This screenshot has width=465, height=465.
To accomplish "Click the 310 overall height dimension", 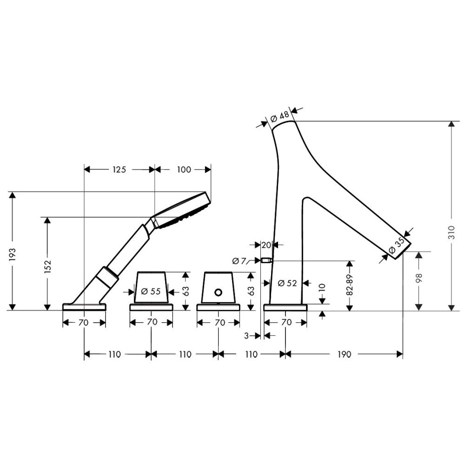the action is (x=451, y=232).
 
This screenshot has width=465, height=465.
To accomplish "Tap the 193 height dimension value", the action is (x=13, y=254).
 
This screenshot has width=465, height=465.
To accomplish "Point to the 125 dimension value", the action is (x=119, y=170).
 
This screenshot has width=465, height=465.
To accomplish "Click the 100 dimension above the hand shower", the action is (x=184, y=170).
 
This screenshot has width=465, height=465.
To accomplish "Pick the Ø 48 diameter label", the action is (x=279, y=116).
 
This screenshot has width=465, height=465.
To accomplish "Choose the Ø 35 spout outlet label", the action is (x=397, y=245).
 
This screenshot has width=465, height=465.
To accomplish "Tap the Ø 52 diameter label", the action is (x=287, y=283).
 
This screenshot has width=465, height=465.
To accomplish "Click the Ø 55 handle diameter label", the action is (x=151, y=291).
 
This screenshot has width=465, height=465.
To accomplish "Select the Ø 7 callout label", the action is (x=239, y=261).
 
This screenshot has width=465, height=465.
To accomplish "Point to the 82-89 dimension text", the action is (x=350, y=285).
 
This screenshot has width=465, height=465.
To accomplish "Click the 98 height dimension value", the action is (x=419, y=278).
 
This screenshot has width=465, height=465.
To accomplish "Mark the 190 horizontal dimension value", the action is (x=344, y=354).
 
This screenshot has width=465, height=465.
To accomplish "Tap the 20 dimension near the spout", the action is (x=266, y=245).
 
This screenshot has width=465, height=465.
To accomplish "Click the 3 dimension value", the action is (x=246, y=336).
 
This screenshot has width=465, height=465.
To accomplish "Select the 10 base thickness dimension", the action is (x=322, y=288).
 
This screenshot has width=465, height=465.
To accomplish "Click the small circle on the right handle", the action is (x=218, y=292).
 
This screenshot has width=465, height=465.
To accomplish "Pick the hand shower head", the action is (x=181, y=210).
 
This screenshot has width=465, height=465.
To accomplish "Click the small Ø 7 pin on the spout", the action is (x=267, y=261).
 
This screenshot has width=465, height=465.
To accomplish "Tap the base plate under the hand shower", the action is (x=84, y=307).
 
